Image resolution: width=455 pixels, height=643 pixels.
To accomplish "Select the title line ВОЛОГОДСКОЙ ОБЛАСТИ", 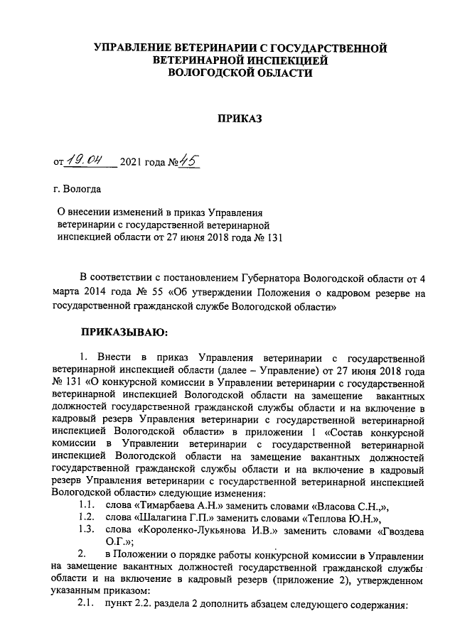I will point(240,73).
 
